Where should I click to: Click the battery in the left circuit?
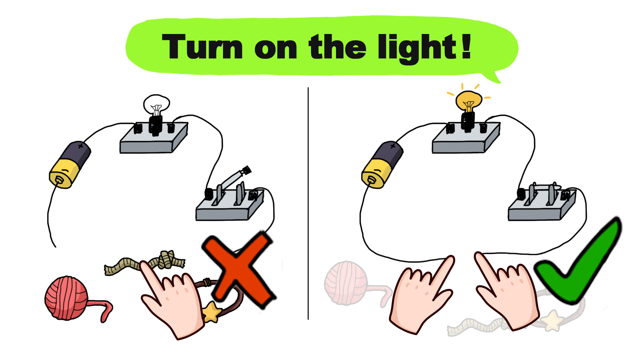(x=70, y=165)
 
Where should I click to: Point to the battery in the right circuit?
(x=382, y=165)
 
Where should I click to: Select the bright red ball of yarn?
(x=67, y=298)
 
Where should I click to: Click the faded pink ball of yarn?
(x=346, y=283)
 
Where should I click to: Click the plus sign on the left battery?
(x=80, y=146)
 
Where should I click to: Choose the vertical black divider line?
(x=308, y=203)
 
